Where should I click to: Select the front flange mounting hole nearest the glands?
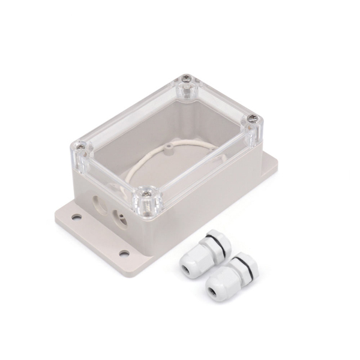[124, 253]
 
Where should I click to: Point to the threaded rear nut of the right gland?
[247, 259]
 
